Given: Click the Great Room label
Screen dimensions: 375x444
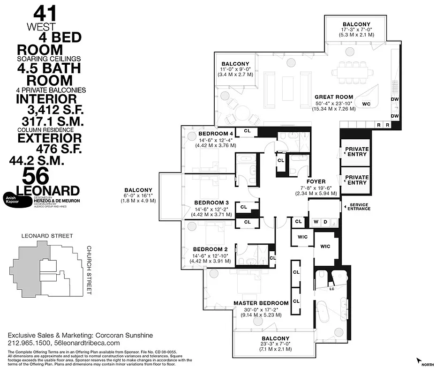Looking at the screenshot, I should click(x=334, y=97).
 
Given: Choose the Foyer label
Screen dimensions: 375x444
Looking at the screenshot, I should click(x=316, y=181).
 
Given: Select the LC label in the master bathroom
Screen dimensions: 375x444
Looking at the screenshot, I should click(x=332, y=289).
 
